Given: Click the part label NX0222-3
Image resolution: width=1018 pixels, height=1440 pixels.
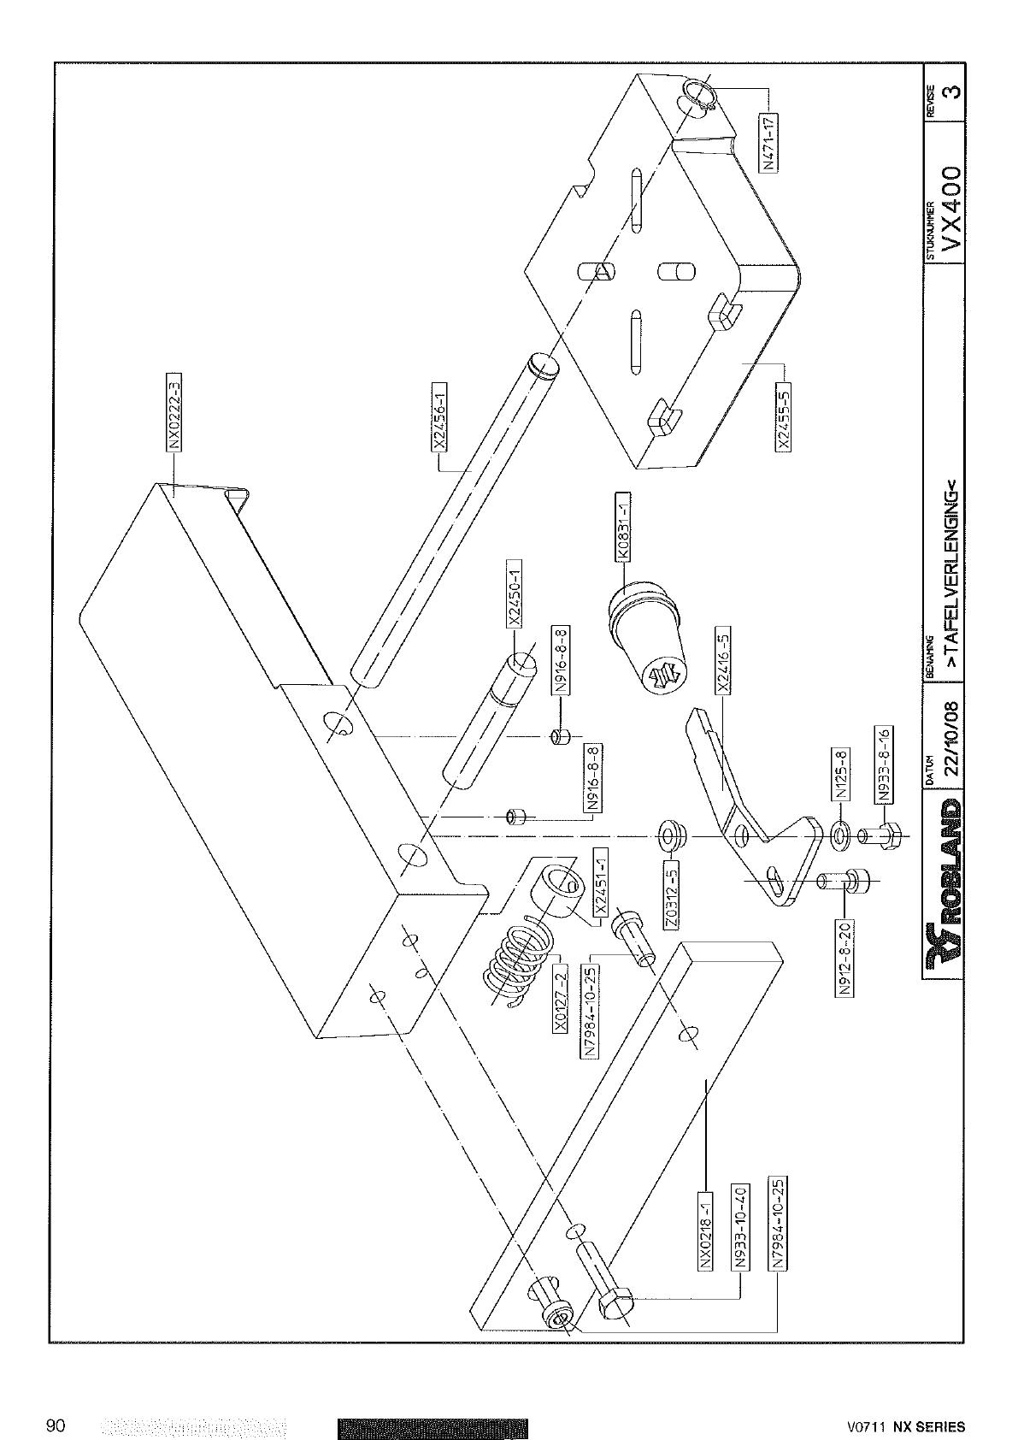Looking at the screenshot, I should point(173,410).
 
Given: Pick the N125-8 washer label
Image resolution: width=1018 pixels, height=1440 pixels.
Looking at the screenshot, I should point(840,774).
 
